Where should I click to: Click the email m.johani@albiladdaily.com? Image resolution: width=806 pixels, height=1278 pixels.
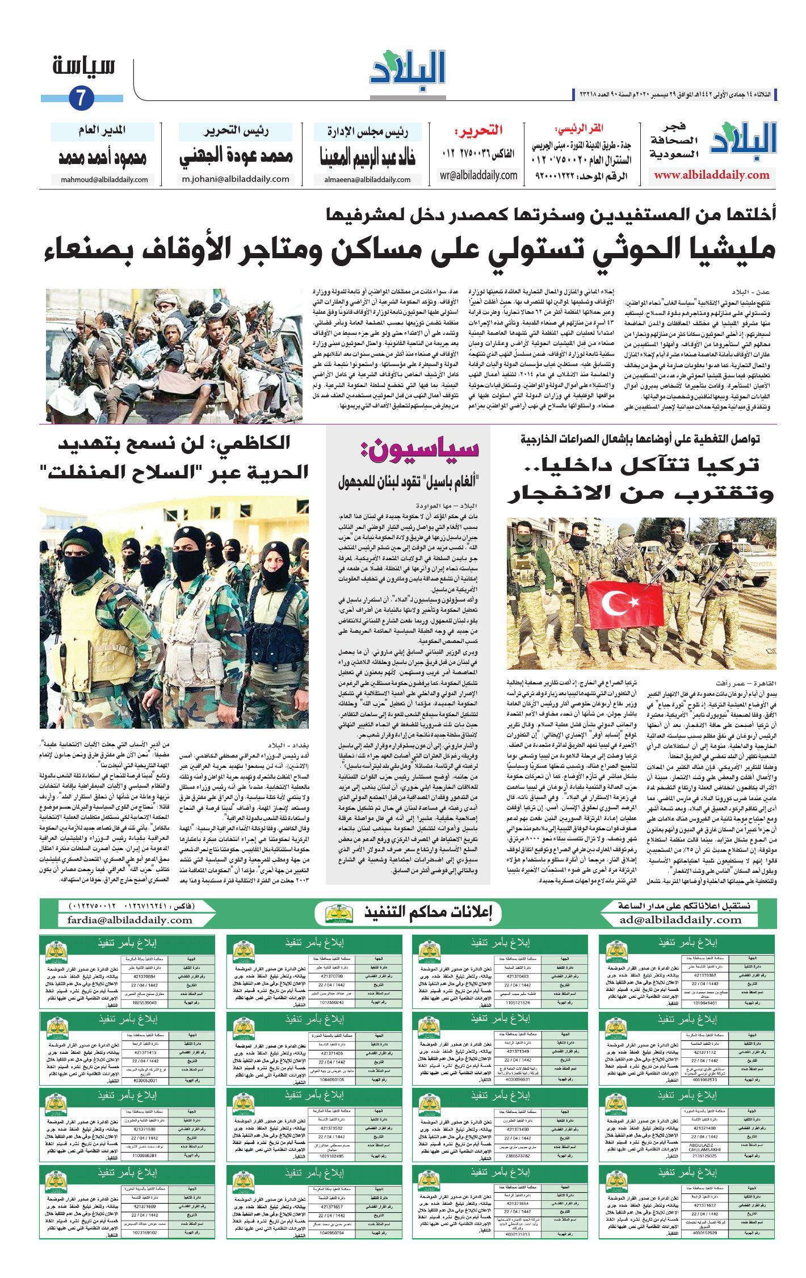236,179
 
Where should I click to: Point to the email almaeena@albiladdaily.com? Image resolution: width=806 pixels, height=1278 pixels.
367,180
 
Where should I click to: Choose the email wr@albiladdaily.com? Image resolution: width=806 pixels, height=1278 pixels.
478,175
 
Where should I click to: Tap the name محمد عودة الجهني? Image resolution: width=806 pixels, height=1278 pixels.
236,157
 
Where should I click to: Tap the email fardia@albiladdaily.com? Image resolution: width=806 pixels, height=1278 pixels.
130,920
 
